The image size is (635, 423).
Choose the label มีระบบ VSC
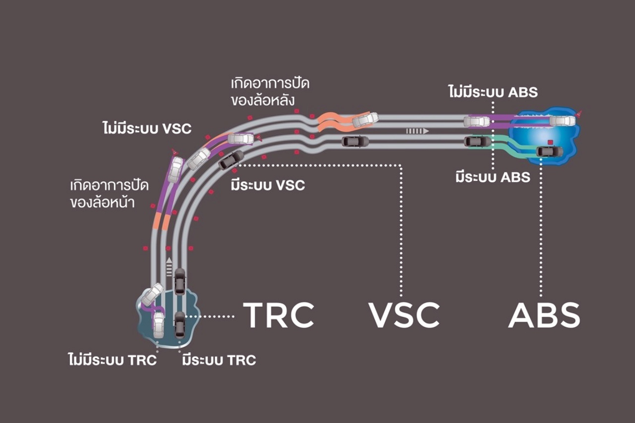(x=268, y=186)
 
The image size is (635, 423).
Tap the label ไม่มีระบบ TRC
(x=112, y=360)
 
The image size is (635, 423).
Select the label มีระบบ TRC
(x=219, y=360)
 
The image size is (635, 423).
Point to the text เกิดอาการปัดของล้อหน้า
(x=103, y=194)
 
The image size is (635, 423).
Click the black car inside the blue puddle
(x=550, y=152)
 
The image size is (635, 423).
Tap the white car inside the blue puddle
(x=562, y=121)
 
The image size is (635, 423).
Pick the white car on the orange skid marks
(x=365, y=119)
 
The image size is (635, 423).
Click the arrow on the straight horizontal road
(x=417, y=131)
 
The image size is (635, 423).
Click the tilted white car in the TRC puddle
(x=152, y=295)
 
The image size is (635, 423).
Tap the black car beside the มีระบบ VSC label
(x=231, y=160)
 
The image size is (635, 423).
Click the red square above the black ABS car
(x=550, y=142)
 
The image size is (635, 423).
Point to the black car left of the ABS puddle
(x=477, y=141)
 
